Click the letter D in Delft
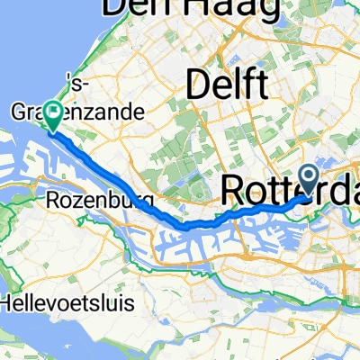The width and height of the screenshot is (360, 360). [x=197, y=87]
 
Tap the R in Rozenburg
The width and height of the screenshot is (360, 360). [x=50, y=200]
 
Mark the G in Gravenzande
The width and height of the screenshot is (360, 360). [x=20, y=114]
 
